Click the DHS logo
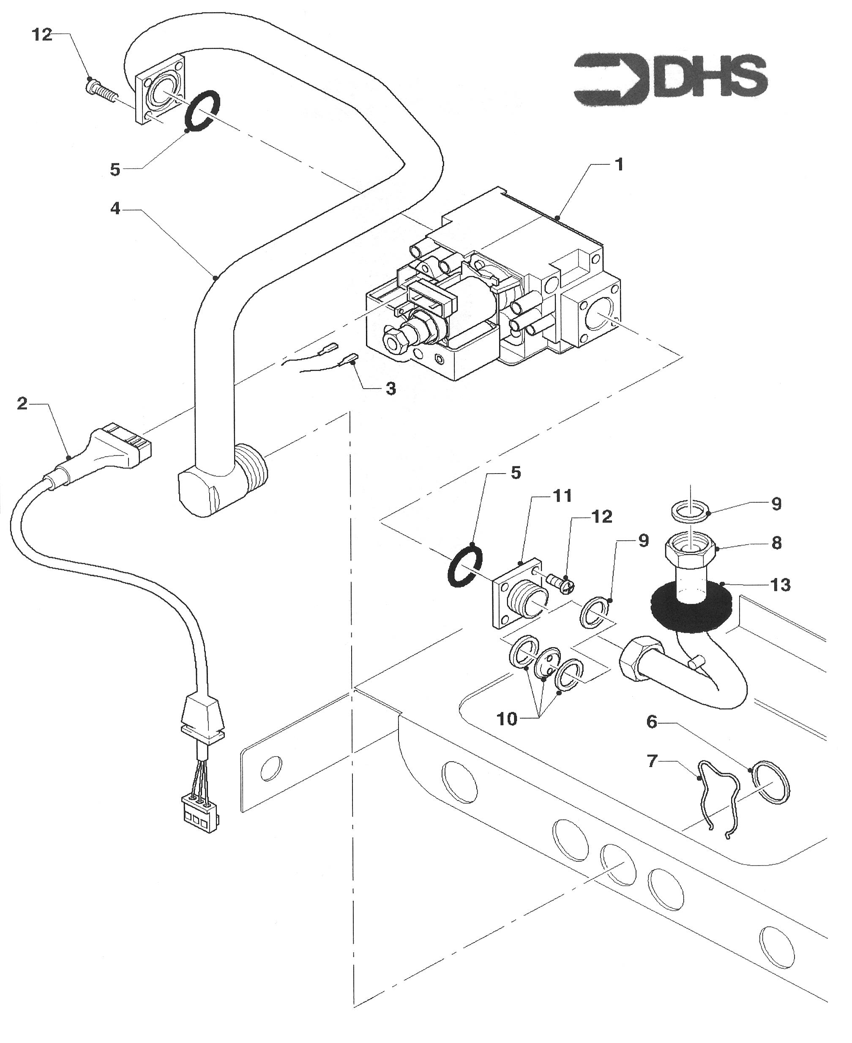tap(670, 79)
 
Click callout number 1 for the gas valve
tap(620, 164)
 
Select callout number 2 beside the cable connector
tap(22, 404)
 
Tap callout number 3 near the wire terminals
tap(390, 388)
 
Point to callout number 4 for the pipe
tap(115, 209)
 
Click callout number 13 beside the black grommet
tap(780, 585)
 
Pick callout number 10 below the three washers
tap(507, 719)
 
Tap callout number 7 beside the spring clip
tap(652, 761)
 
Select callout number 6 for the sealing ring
tap(652, 721)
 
